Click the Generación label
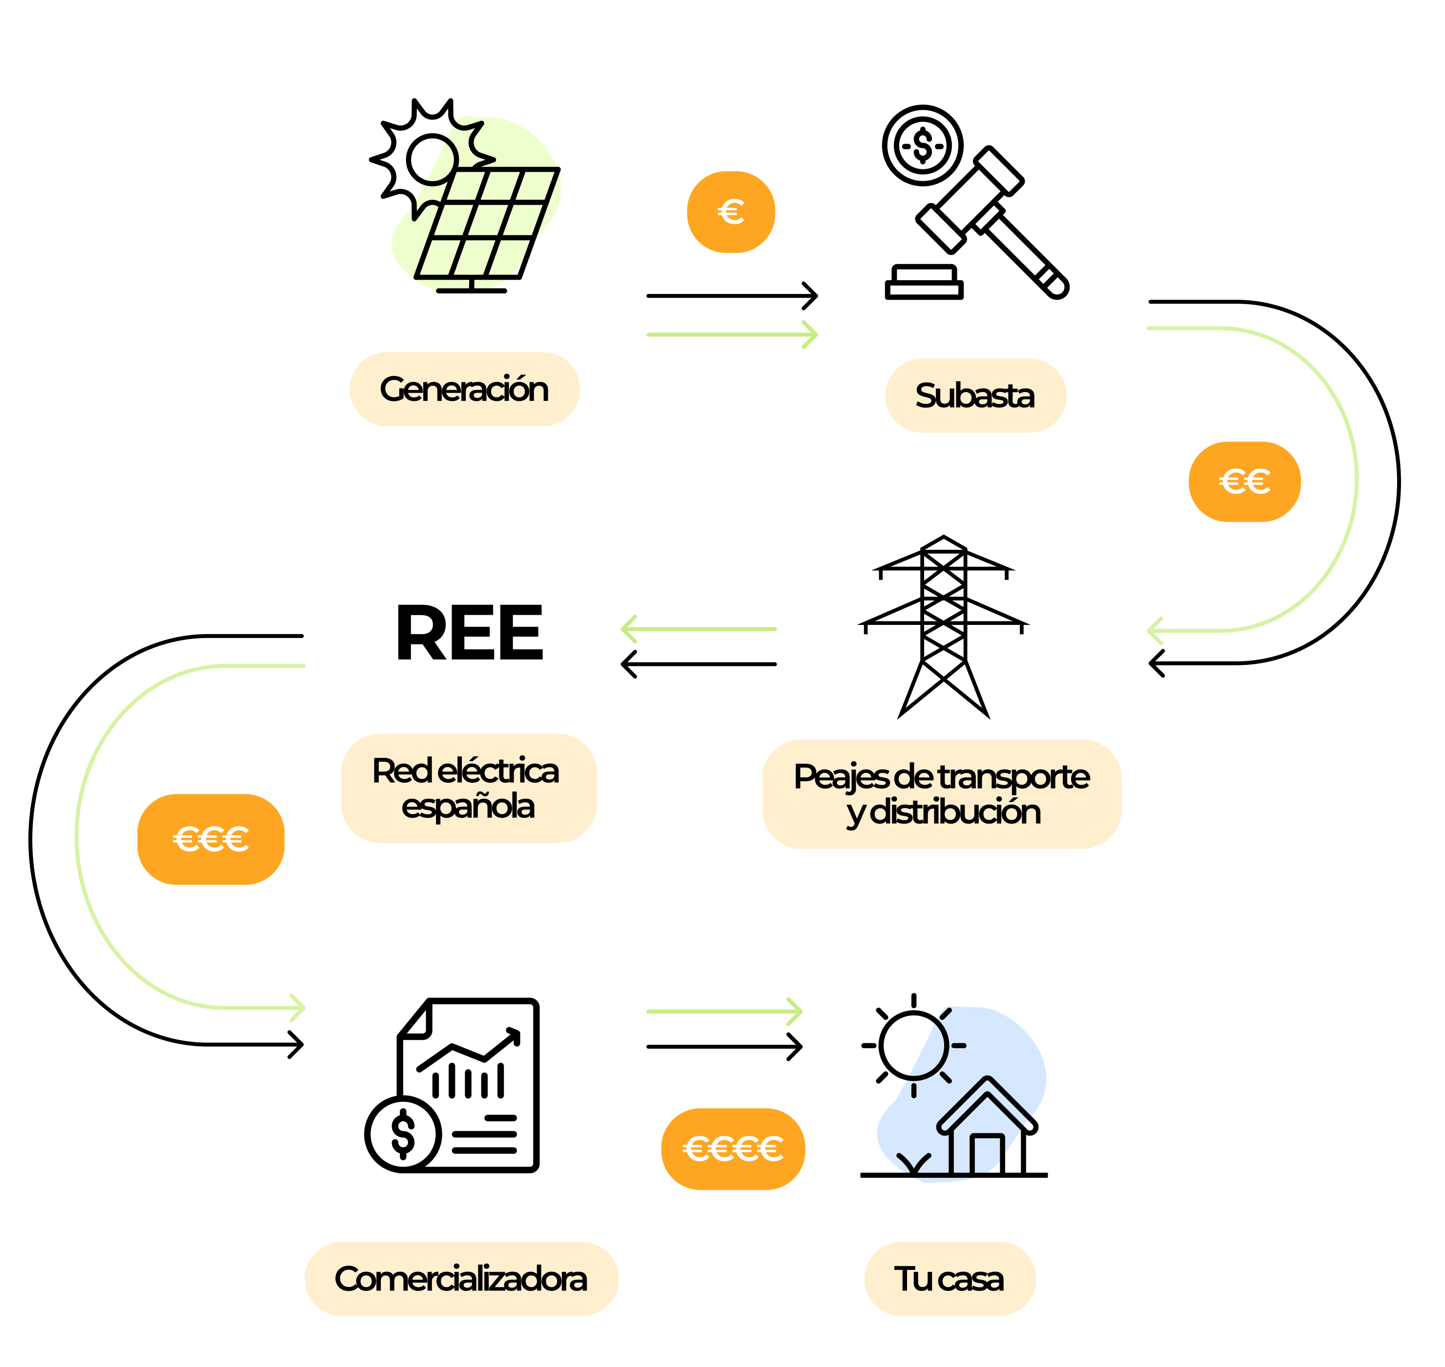(x=464, y=389)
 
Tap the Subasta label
(x=975, y=395)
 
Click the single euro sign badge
(x=730, y=212)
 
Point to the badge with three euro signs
(x=210, y=839)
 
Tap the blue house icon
(x=962, y=1093)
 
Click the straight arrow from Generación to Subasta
(x=732, y=334)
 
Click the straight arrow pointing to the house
(x=724, y=1012)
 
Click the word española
(x=468, y=807)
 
